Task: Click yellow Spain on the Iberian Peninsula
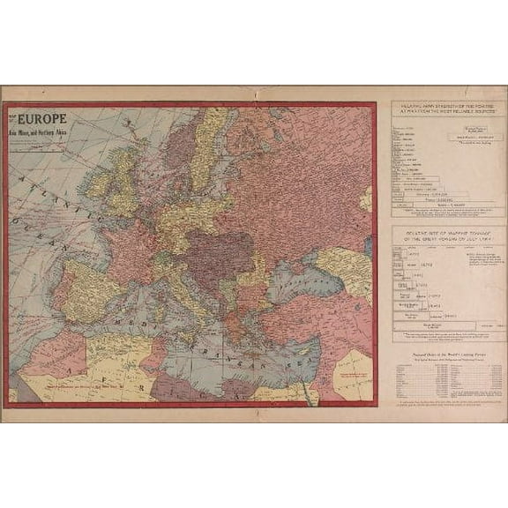[x=88, y=291]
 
